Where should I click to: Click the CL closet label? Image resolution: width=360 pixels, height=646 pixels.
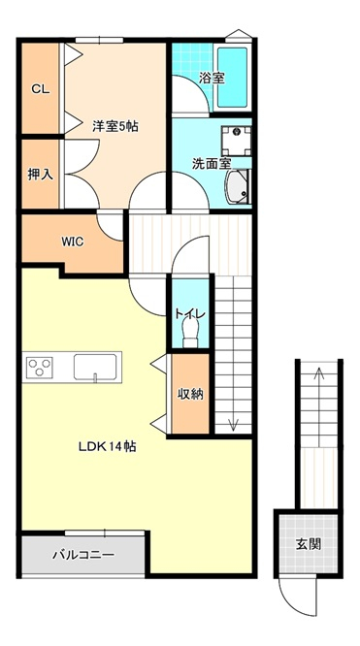(x=41, y=89)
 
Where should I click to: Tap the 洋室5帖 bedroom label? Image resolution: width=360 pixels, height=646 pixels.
(x=115, y=126)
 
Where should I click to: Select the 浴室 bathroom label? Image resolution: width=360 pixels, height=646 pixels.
(x=212, y=79)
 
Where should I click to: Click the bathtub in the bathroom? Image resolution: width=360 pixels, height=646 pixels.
(x=232, y=77)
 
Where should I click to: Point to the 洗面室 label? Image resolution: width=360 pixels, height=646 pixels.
(x=211, y=164)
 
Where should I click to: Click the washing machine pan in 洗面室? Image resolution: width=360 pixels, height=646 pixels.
(x=237, y=141)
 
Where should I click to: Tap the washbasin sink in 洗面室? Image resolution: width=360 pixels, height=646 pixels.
(x=237, y=187)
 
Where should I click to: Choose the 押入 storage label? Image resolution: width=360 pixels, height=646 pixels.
(x=40, y=175)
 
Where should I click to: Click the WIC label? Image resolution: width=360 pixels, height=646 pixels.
(x=73, y=242)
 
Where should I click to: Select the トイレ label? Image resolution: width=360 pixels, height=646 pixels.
(x=189, y=314)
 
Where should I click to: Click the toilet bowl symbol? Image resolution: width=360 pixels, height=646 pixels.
(x=190, y=334)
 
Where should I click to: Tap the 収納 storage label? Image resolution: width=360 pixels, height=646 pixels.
(x=190, y=394)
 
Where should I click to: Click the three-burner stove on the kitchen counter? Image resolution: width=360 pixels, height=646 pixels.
(x=39, y=367)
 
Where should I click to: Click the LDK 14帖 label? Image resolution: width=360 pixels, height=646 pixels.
(x=108, y=446)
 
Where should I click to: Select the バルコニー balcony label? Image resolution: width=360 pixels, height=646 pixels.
(x=83, y=555)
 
